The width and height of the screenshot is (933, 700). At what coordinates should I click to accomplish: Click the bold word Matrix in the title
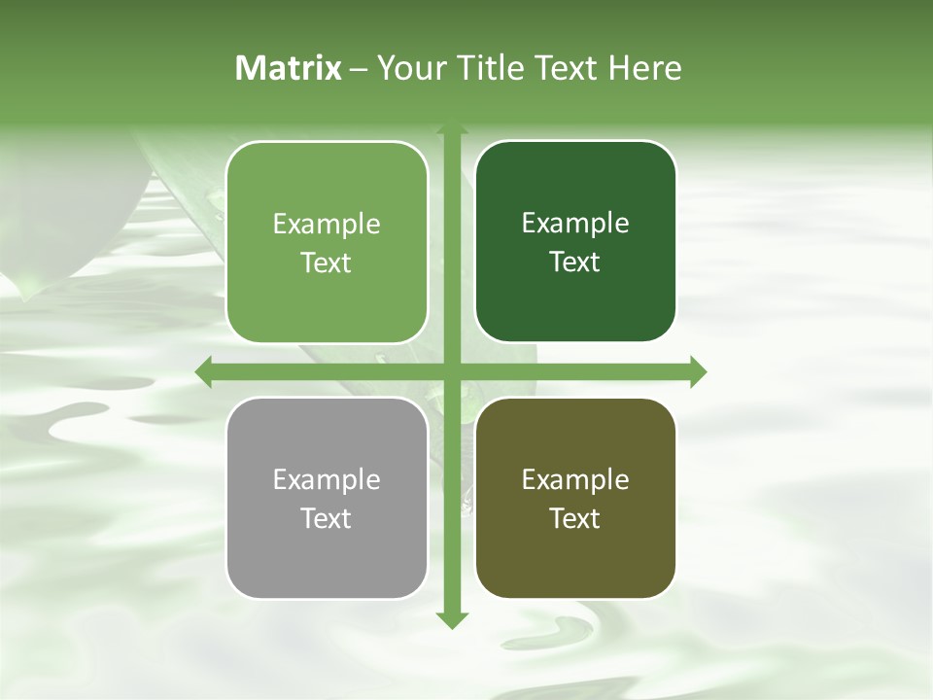pos(289,68)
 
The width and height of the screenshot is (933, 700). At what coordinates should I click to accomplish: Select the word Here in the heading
pos(644,68)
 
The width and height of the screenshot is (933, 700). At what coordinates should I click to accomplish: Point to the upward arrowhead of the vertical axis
pos(451,129)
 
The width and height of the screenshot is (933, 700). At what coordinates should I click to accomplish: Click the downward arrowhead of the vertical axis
pos(451,620)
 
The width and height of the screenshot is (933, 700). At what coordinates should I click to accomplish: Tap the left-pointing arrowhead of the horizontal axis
pos(204,371)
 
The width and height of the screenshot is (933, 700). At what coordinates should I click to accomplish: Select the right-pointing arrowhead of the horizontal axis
pos(698,371)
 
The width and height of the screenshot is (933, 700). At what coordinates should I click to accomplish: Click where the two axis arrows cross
pos(451,371)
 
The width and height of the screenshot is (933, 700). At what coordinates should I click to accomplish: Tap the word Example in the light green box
pos(327,225)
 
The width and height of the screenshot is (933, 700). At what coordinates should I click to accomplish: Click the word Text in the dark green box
pos(575,262)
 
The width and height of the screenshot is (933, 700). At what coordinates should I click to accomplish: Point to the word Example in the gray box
pos(327,480)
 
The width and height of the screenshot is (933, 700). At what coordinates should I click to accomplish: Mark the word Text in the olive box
pos(575,518)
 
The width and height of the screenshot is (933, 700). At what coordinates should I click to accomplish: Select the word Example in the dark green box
pos(575,224)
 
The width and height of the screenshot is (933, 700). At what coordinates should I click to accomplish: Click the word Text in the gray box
pos(327,518)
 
